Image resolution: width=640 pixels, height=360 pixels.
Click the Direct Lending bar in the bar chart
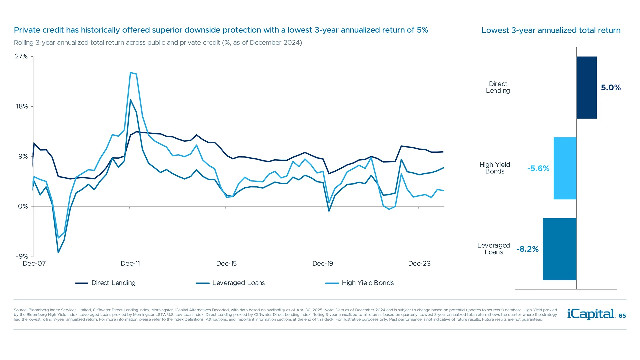click(x=587, y=87)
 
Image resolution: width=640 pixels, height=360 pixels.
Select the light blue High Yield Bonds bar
click(x=565, y=168)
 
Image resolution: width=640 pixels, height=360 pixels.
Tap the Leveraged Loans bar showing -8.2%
click(x=559, y=249)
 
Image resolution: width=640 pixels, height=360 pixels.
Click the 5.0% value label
click(x=611, y=88)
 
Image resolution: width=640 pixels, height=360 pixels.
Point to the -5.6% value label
click(x=538, y=168)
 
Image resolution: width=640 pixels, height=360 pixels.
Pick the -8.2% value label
click(x=527, y=249)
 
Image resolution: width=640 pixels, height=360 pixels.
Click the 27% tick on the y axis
click(x=21, y=56)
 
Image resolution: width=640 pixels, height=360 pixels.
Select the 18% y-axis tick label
click(x=22, y=106)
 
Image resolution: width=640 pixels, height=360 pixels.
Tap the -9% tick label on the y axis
click(x=22, y=256)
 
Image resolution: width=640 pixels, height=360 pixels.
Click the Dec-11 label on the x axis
click(x=130, y=264)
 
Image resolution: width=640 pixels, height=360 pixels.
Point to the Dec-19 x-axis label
click(x=322, y=264)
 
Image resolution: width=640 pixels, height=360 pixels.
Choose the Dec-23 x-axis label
click(x=419, y=264)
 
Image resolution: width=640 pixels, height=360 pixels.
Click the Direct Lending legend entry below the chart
click(x=106, y=283)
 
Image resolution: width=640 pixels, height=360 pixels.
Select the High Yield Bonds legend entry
click(x=360, y=283)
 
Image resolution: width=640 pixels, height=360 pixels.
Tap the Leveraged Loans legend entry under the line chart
click(x=230, y=283)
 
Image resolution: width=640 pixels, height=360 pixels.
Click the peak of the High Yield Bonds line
click(x=131, y=73)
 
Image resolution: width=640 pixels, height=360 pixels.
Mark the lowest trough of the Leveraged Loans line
click(x=58, y=252)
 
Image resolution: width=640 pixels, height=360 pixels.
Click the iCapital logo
click(x=591, y=314)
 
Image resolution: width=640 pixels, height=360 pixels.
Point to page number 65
click(x=622, y=316)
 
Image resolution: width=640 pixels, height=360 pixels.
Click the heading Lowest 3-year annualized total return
click(x=551, y=30)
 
